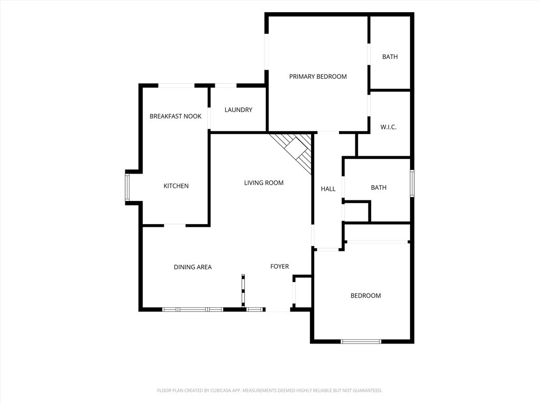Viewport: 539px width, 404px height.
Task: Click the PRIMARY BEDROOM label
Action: click(317, 77)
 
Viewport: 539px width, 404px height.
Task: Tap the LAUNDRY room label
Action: click(238, 110)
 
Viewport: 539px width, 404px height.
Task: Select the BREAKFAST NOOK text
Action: click(175, 116)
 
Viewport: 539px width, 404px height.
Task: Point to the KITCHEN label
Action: click(176, 186)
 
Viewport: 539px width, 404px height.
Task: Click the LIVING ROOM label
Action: click(264, 183)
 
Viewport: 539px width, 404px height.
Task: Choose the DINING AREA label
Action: click(193, 267)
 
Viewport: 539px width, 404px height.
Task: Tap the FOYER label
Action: click(280, 266)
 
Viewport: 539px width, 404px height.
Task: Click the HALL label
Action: click(328, 189)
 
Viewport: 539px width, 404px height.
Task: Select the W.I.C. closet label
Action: click(388, 127)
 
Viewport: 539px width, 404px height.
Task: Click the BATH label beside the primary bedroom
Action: click(390, 57)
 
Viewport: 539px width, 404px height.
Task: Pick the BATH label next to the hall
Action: click(378, 188)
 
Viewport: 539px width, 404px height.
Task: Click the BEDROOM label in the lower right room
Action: click(365, 296)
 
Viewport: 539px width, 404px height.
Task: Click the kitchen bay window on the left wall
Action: click(127, 188)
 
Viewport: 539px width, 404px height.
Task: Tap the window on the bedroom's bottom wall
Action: click(361, 341)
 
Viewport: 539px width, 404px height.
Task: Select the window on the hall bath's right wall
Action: click(412, 184)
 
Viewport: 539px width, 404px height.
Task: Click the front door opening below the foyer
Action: click(278, 310)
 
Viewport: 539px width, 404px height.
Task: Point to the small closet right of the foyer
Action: click(303, 292)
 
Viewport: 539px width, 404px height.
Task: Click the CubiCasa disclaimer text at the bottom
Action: click(269, 391)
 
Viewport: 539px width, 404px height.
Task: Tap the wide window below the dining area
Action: click(193, 309)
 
